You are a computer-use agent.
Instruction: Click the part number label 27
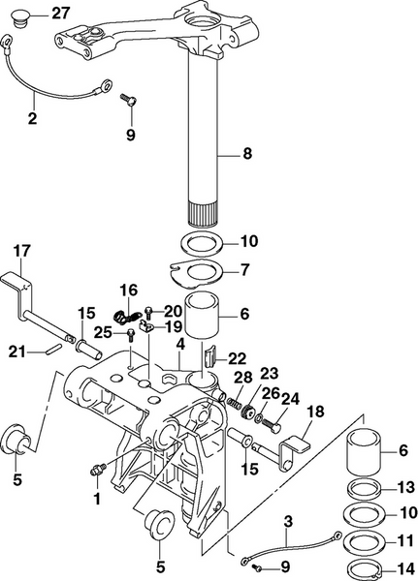pyautogui.click(x=60, y=13)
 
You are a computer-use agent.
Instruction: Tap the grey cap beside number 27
pyautogui.click(x=27, y=15)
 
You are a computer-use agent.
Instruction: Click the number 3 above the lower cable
pyautogui.click(x=288, y=524)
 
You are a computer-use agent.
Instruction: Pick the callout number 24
pyautogui.click(x=290, y=397)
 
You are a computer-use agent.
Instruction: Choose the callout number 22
pyautogui.click(x=237, y=358)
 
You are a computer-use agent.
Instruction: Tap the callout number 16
pyautogui.click(x=129, y=290)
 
